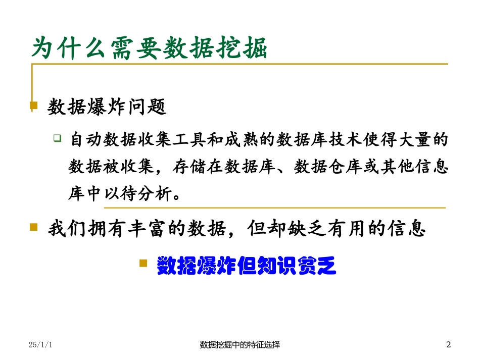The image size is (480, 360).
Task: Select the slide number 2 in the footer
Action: [x=448, y=345]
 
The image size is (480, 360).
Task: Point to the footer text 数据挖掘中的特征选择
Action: [x=240, y=345]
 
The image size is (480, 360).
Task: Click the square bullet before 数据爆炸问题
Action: [x=34, y=106]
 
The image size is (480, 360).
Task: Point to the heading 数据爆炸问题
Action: [x=107, y=107]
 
